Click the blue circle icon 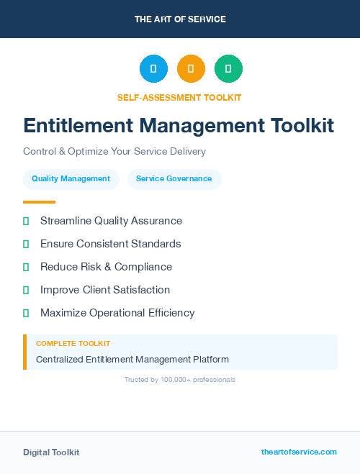153,69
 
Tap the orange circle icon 191,69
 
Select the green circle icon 228,69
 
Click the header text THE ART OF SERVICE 180,19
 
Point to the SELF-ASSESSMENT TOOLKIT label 179,97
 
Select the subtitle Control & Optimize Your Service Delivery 114,152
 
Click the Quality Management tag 71,179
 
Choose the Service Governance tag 174,179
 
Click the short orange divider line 39,202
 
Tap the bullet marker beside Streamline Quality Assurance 26,221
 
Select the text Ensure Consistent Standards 110,244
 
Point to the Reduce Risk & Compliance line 106,267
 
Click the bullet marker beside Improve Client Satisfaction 26,290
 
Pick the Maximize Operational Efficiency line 117,313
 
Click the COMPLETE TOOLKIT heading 73,344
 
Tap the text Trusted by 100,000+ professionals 180,379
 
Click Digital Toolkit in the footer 51,452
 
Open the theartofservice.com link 299,452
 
